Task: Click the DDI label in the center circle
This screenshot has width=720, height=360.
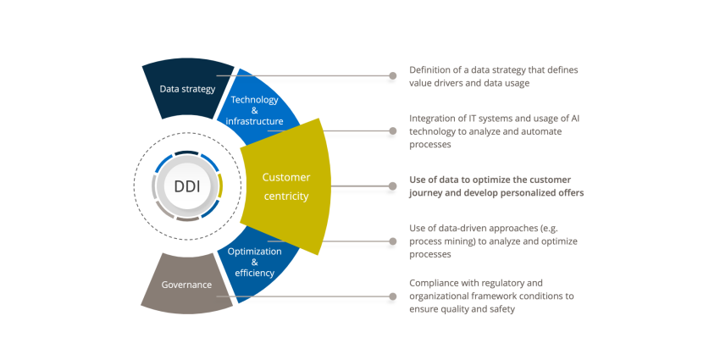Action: point(187,186)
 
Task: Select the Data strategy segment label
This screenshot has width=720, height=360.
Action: point(187,89)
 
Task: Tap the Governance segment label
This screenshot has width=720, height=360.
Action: point(186,285)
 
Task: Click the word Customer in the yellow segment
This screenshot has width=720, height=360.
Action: point(286,177)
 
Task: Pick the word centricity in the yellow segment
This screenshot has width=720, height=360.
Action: point(285,197)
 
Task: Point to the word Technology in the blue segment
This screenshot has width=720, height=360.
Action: point(254,100)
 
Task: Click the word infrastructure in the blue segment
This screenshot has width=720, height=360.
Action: point(254,121)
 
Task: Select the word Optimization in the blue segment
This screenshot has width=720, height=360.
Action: point(255,252)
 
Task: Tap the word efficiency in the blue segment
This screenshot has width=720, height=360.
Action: point(254,273)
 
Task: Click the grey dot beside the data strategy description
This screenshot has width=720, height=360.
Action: point(392,75)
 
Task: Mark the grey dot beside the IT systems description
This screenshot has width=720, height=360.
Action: point(392,130)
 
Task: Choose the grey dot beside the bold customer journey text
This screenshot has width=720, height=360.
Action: point(392,186)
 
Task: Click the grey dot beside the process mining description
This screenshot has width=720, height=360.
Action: point(392,241)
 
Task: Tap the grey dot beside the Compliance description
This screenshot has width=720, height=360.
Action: point(392,296)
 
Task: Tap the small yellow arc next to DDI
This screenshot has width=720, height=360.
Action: point(220,186)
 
